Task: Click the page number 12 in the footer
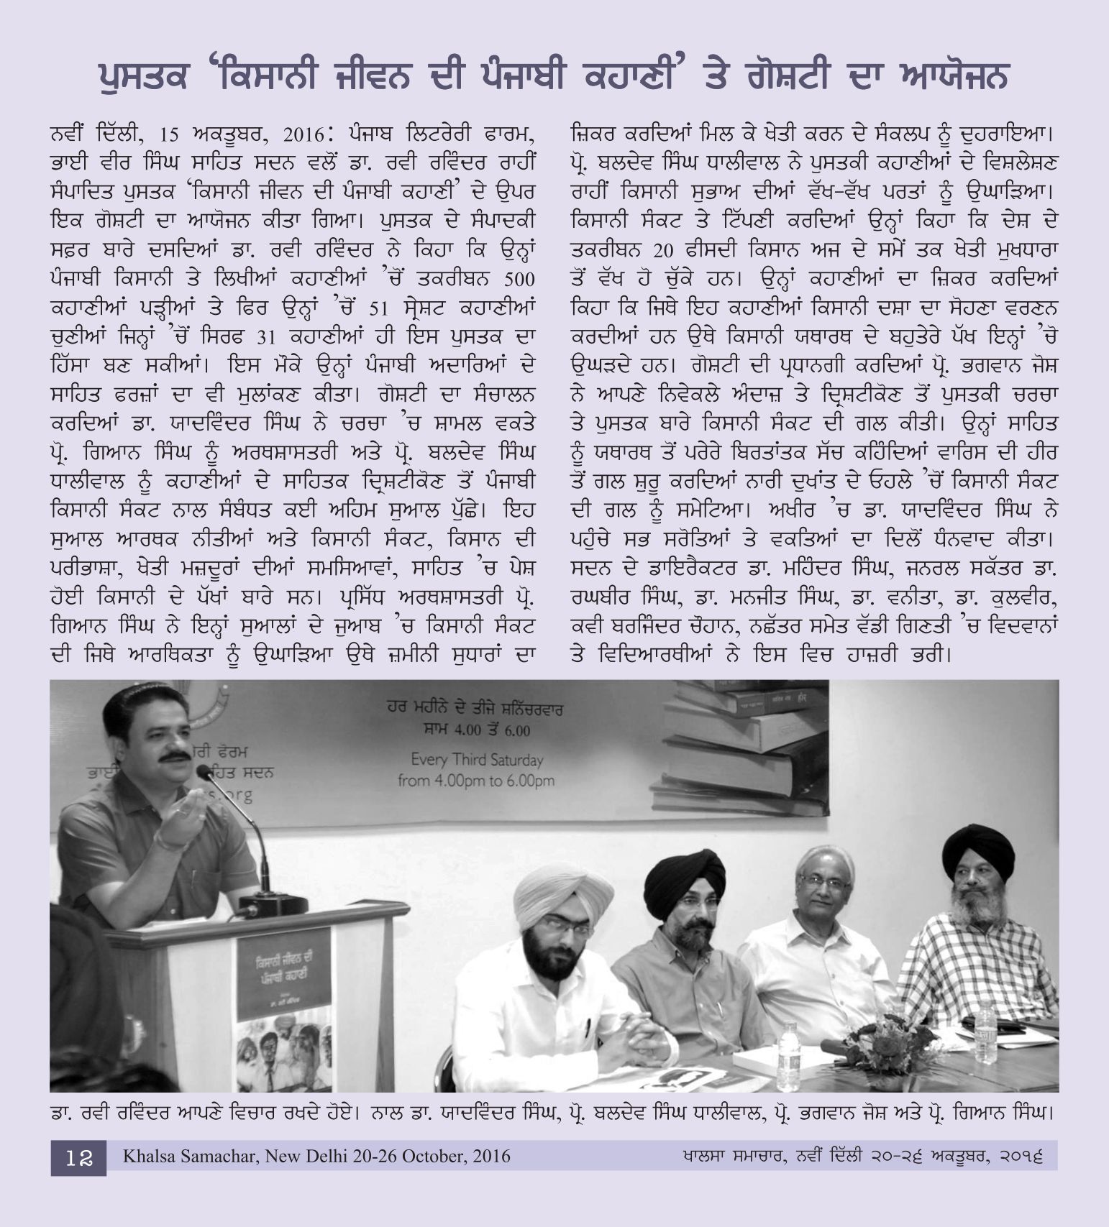[x=78, y=1157]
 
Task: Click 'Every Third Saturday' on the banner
[x=477, y=758]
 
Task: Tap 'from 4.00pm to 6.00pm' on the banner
[x=476, y=780]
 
